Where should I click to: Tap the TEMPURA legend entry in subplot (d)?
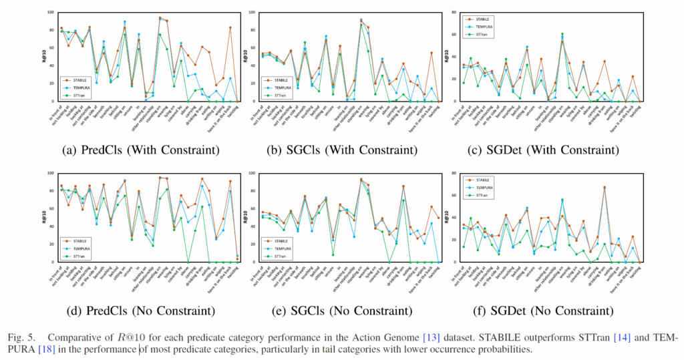[81, 248]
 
